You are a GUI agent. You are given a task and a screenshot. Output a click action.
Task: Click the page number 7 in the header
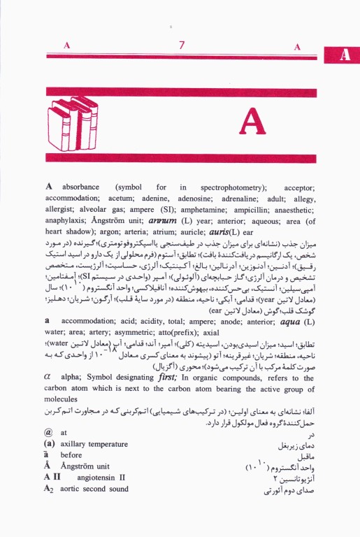[181, 46]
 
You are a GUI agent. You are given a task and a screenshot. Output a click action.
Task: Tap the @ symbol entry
[48, 434]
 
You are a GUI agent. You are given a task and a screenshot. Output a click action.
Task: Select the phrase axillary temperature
[94, 445]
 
